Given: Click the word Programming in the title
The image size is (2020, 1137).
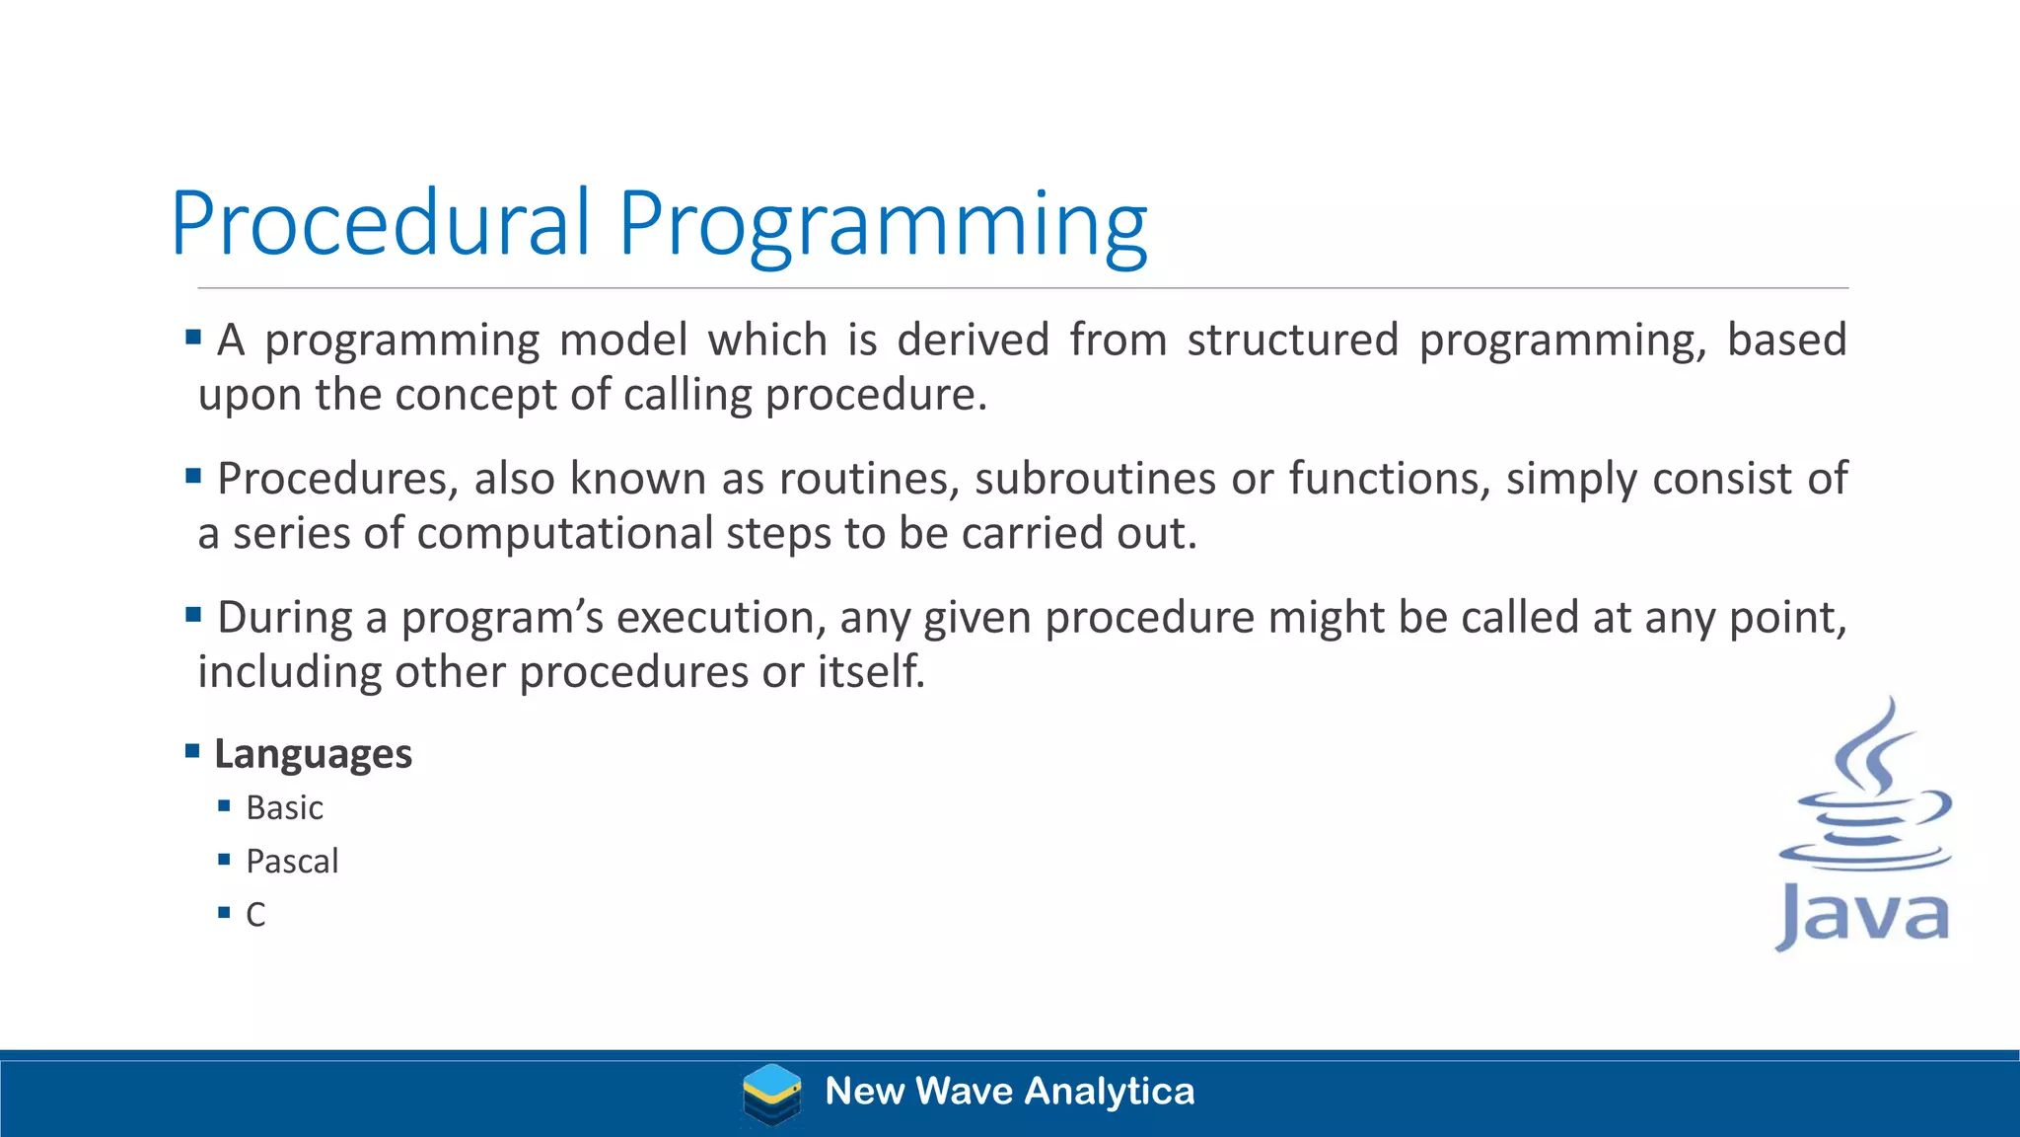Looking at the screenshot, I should [882, 227].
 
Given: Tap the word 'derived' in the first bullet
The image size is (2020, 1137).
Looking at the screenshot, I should [973, 340].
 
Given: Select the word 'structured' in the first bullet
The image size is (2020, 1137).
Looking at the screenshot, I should [1292, 340].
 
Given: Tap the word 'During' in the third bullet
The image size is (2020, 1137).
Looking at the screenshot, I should [284, 618].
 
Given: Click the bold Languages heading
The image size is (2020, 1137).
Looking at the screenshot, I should [313, 754].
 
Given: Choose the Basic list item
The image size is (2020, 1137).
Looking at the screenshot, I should [284, 808].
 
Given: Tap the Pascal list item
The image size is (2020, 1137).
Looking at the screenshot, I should [292, 862].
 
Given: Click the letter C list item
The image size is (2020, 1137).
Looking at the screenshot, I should [255, 915].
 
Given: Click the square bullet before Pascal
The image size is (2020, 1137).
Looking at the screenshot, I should [224, 860].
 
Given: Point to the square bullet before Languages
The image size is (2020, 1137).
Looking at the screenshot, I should [193, 752].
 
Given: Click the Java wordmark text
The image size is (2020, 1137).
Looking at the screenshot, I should [1862, 917].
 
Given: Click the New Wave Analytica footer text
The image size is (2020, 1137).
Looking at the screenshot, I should [1009, 1092].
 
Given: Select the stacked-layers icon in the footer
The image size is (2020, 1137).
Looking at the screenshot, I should [771, 1094].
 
